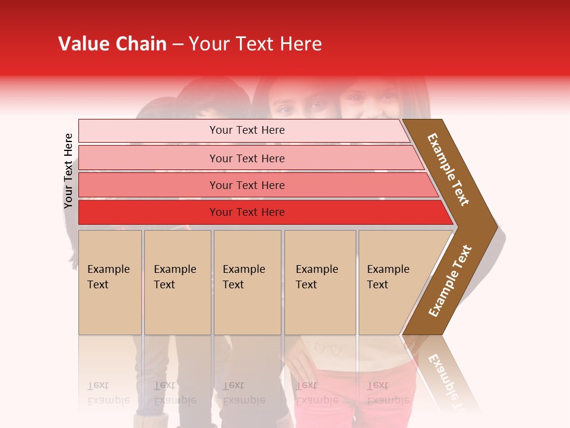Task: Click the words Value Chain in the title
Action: pos(112,44)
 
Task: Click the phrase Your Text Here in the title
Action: pos(255,44)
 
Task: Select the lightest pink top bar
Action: pos(148,131)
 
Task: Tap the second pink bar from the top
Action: pos(148,158)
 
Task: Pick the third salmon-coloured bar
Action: pos(148,185)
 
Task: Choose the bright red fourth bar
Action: pos(148,212)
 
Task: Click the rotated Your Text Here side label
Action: pos(68,171)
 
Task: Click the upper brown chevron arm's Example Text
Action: pos(448,169)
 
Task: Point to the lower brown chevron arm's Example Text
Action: pos(450,281)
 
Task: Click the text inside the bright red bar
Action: pos(247,212)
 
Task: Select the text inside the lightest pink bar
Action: pos(247,130)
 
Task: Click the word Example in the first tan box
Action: pos(108,269)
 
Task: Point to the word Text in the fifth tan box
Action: pos(377,285)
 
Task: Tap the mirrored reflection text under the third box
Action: pos(243,393)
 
